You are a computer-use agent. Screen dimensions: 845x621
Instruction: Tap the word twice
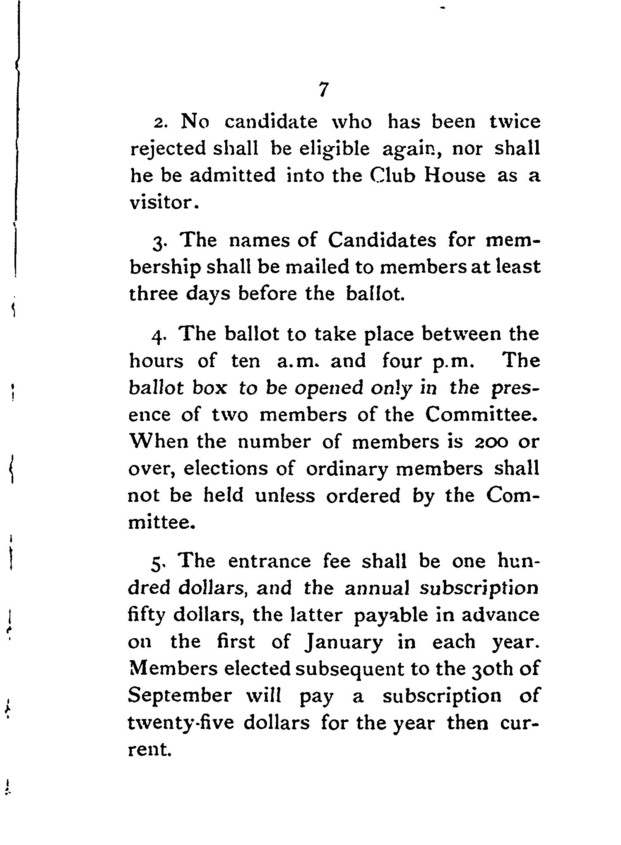pyautogui.click(x=515, y=122)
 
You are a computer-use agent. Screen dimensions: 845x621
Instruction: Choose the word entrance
pyautogui.click(x=269, y=562)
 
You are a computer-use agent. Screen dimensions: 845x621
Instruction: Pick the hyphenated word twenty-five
pyautogui.click(x=181, y=723)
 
